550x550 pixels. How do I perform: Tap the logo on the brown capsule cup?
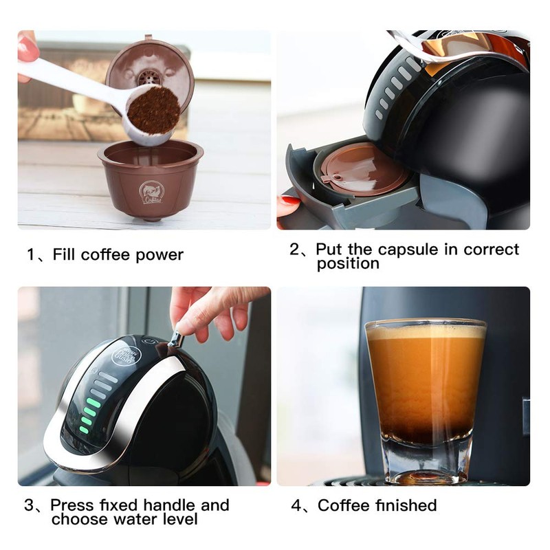pos(151,192)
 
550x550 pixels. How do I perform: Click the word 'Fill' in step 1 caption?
pos(65,255)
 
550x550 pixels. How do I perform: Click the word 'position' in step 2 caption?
pos(348,264)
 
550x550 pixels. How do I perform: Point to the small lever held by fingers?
pos(176,338)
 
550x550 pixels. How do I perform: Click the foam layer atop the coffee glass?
pos(426,332)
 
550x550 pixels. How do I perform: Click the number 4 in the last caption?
pos(297,505)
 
